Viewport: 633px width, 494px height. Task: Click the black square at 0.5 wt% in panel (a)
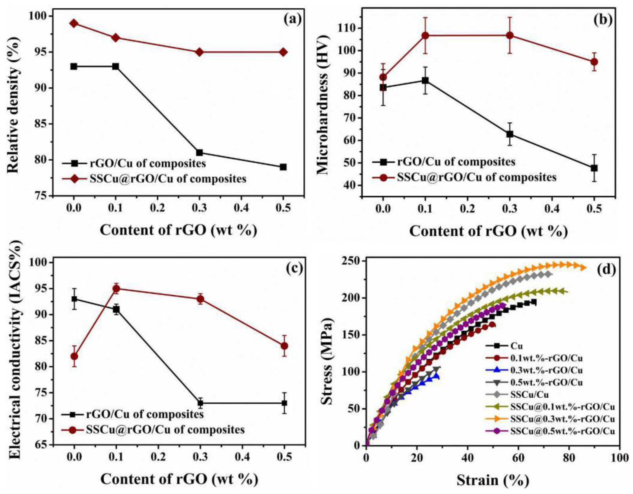coord(283,167)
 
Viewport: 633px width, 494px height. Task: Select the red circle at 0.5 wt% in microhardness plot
coord(594,62)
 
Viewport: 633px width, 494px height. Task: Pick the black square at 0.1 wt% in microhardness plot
coord(425,81)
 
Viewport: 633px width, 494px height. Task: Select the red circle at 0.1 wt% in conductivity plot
coord(116,289)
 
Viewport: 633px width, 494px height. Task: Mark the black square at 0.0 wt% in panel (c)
coord(74,299)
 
